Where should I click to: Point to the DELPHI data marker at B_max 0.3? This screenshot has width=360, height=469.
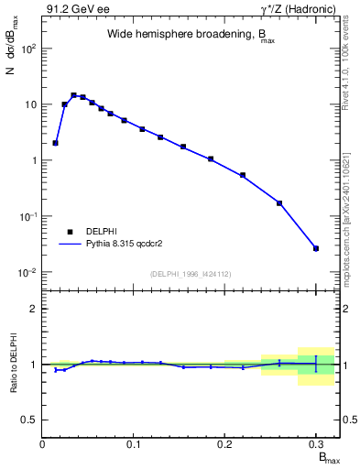(x=316, y=248)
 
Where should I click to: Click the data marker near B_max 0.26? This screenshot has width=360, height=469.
(x=279, y=203)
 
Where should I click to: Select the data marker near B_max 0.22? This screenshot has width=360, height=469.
(x=243, y=175)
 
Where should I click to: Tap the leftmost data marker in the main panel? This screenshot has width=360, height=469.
(x=56, y=143)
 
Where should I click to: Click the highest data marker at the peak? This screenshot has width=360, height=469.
(x=73, y=95)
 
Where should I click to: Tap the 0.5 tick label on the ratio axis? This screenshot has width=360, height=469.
(x=29, y=420)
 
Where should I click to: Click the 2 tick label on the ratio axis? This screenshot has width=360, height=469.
(x=34, y=309)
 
